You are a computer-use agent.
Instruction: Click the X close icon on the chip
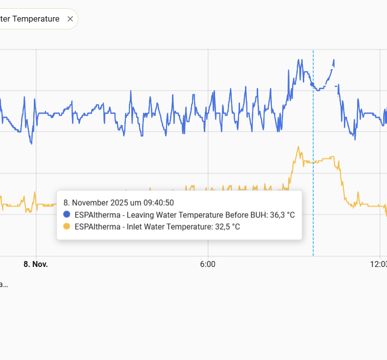tap(70, 19)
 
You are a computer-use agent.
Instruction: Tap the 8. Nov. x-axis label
tap(36, 264)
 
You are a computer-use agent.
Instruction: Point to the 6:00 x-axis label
tap(208, 264)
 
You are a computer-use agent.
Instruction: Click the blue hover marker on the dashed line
tap(313, 84)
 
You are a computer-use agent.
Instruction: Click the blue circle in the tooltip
tap(67, 215)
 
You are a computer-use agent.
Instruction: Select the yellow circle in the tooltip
tap(67, 226)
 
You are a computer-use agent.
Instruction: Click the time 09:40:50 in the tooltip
tap(158, 202)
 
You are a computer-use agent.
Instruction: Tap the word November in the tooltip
tap(90, 202)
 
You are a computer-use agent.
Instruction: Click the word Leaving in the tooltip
tap(141, 215)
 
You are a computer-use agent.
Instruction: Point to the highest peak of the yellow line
tap(297, 146)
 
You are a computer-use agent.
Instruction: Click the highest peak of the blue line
tap(298, 60)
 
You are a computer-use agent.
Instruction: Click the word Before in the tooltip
tap(236, 215)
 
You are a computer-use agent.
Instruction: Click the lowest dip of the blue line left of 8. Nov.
tap(31, 144)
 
